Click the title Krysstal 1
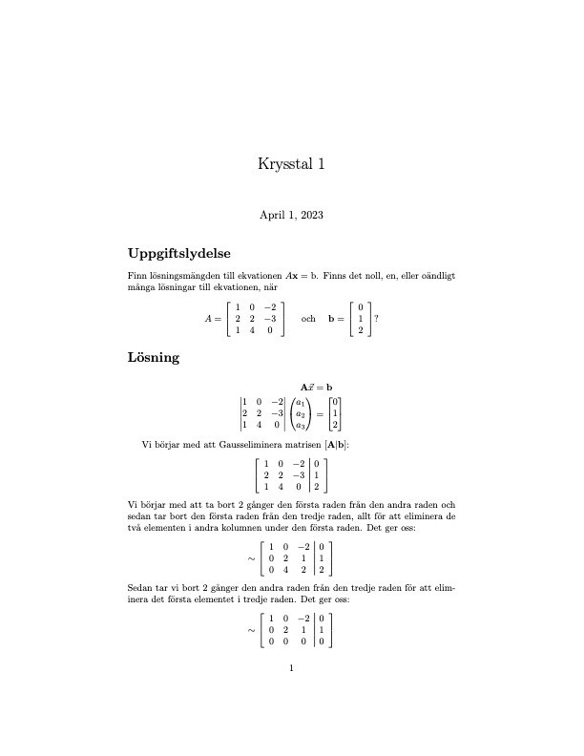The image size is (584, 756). coord(292,164)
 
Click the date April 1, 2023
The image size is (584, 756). coord(292,216)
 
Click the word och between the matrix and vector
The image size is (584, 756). coord(308,319)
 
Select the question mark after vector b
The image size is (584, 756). coord(378,319)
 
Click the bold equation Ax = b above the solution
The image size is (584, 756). coord(317,388)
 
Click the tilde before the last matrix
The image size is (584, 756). coord(250,630)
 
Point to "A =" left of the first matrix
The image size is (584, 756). coord(214,319)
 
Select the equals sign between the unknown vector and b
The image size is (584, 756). coord(322,414)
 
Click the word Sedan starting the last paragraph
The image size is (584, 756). coord(140,589)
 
